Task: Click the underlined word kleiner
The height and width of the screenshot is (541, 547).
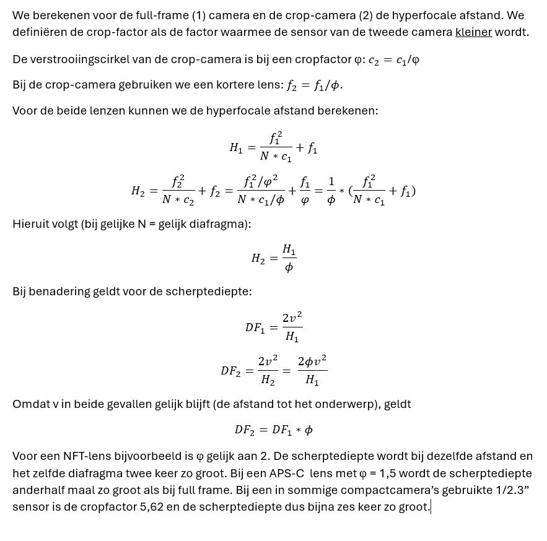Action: click(473, 32)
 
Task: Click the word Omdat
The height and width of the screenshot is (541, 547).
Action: click(28, 404)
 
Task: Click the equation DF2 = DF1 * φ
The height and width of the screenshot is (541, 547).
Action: click(273, 430)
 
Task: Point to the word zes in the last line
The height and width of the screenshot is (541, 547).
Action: click(362, 507)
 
